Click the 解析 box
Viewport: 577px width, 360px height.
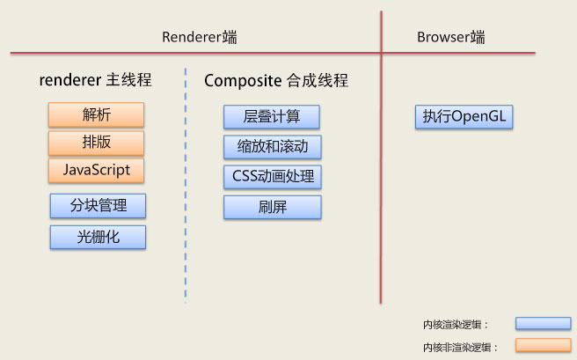click(x=96, y=114)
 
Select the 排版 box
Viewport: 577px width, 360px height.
click(x=96, y=143)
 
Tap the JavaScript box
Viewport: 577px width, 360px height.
click(x=96, y=170)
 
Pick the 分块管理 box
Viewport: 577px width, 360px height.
click(x=98, y=206)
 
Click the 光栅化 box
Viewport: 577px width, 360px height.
click(x=98, y=237)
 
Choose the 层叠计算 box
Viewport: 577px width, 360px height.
click(x=271, y=117)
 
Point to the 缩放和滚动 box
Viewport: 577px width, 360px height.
click(x=272, y=146)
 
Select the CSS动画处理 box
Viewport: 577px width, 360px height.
click(x=272, y=176)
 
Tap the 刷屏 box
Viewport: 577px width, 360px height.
click(x=272, y=208)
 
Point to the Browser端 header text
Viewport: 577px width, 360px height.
click(x=451, y=37)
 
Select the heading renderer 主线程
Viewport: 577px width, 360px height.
click(x=96, y=80)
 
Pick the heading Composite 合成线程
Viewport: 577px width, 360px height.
click(x=276, y=80)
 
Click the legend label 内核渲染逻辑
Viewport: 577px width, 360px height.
click(x=455, y=325)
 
